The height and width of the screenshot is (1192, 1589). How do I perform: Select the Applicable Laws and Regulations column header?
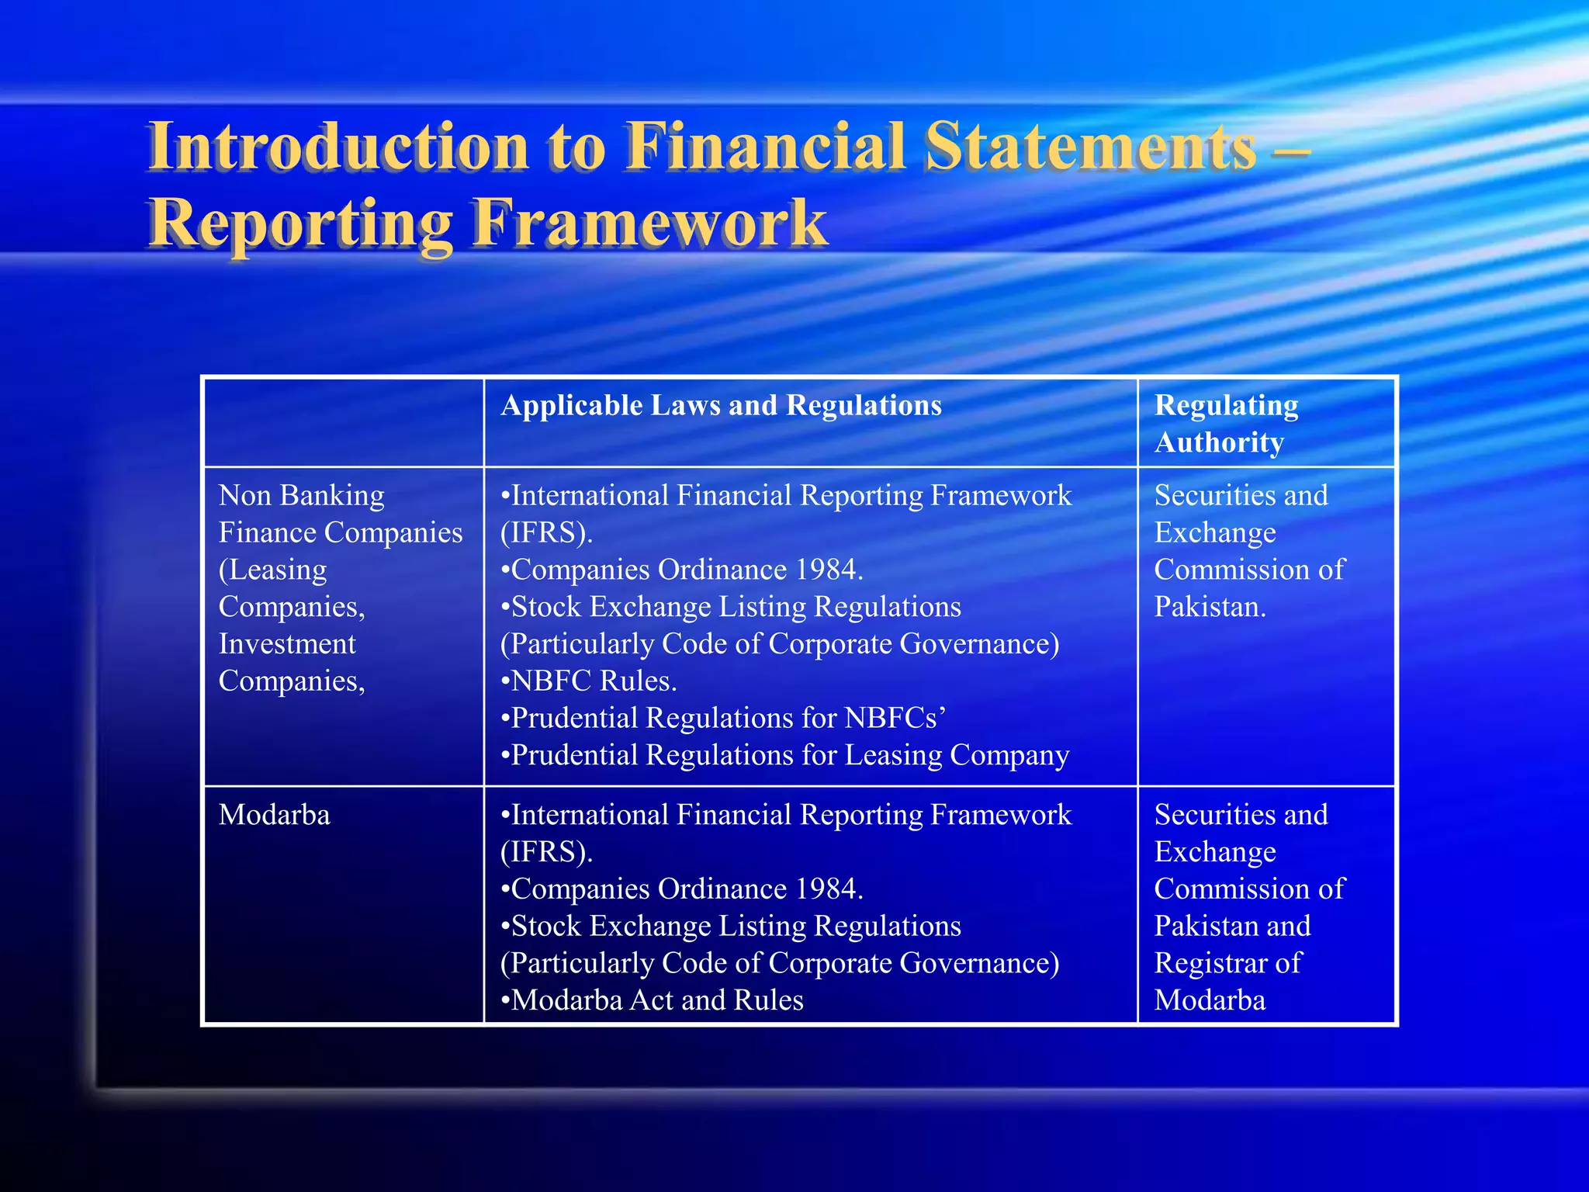(721, 406)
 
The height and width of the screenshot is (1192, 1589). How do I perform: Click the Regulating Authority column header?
(1226, 424)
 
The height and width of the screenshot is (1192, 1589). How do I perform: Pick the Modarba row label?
(274, 815)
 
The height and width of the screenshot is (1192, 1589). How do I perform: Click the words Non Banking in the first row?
(301, 495)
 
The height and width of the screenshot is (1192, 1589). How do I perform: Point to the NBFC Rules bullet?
(589, 681)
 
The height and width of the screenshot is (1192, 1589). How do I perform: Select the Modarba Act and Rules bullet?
(652, 1000)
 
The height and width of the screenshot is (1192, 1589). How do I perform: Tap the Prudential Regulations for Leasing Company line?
(785, 755)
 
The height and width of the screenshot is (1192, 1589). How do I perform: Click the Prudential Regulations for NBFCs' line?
(723, 718)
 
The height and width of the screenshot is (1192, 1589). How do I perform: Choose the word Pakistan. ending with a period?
(1210, 607)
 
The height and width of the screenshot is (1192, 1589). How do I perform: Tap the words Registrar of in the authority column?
(1227, 963)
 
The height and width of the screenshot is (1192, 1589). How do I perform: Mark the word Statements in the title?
(1090, 147)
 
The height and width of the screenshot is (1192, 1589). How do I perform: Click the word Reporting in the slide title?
(301, 223)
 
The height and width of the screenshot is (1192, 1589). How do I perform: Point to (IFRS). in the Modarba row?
(546, 852)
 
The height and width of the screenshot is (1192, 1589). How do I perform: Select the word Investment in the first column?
(287, 644)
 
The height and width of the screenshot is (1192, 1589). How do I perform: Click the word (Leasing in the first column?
(272, 570)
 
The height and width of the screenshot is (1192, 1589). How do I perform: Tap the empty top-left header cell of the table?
(343, 422)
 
